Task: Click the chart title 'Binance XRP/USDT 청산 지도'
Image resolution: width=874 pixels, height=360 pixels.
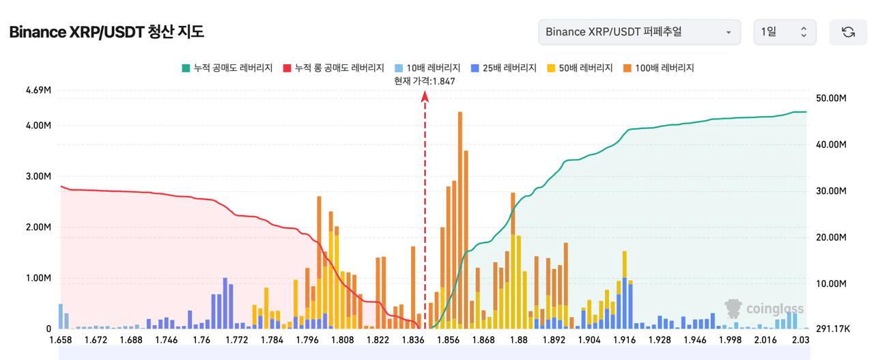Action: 107,32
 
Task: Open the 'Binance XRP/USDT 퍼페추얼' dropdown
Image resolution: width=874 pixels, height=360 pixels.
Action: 639,32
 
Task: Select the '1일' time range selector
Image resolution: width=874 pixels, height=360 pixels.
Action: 785,32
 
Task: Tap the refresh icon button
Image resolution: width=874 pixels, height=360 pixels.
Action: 848,32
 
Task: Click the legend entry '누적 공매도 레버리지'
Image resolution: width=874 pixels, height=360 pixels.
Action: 227,68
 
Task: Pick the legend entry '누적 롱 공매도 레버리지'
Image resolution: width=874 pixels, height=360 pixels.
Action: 333,68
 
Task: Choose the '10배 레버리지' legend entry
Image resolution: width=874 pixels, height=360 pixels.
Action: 427,68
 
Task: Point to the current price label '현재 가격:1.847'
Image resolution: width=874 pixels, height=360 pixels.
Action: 425,81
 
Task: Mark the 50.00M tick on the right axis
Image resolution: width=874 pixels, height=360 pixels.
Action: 832,98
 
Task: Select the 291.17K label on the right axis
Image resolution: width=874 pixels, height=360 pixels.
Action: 832,329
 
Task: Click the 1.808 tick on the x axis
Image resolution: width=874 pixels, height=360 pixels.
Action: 342,340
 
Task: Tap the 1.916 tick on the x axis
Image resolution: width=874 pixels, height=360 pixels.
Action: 624,340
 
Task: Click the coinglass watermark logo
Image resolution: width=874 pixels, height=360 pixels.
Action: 764,309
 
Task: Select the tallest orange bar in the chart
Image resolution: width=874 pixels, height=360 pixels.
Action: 460,205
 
